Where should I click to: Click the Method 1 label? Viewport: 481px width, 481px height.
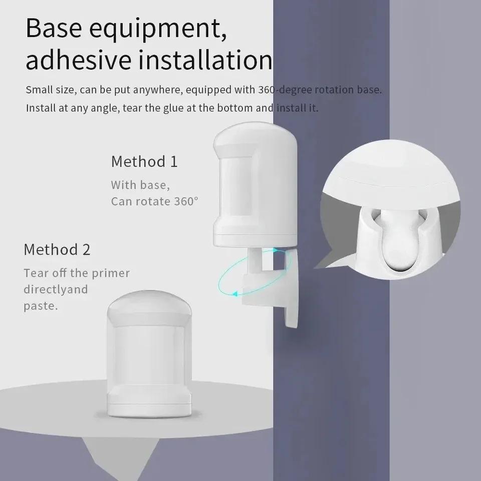pyautogui.click(x=144, y=162)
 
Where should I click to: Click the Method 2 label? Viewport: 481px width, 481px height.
pyautogui.click(x=57, y=250)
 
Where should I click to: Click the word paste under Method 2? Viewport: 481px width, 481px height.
pyautogui.click(x=41, y=306)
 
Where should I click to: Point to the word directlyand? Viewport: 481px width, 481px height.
pyautogui.click(x=56, y=290)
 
